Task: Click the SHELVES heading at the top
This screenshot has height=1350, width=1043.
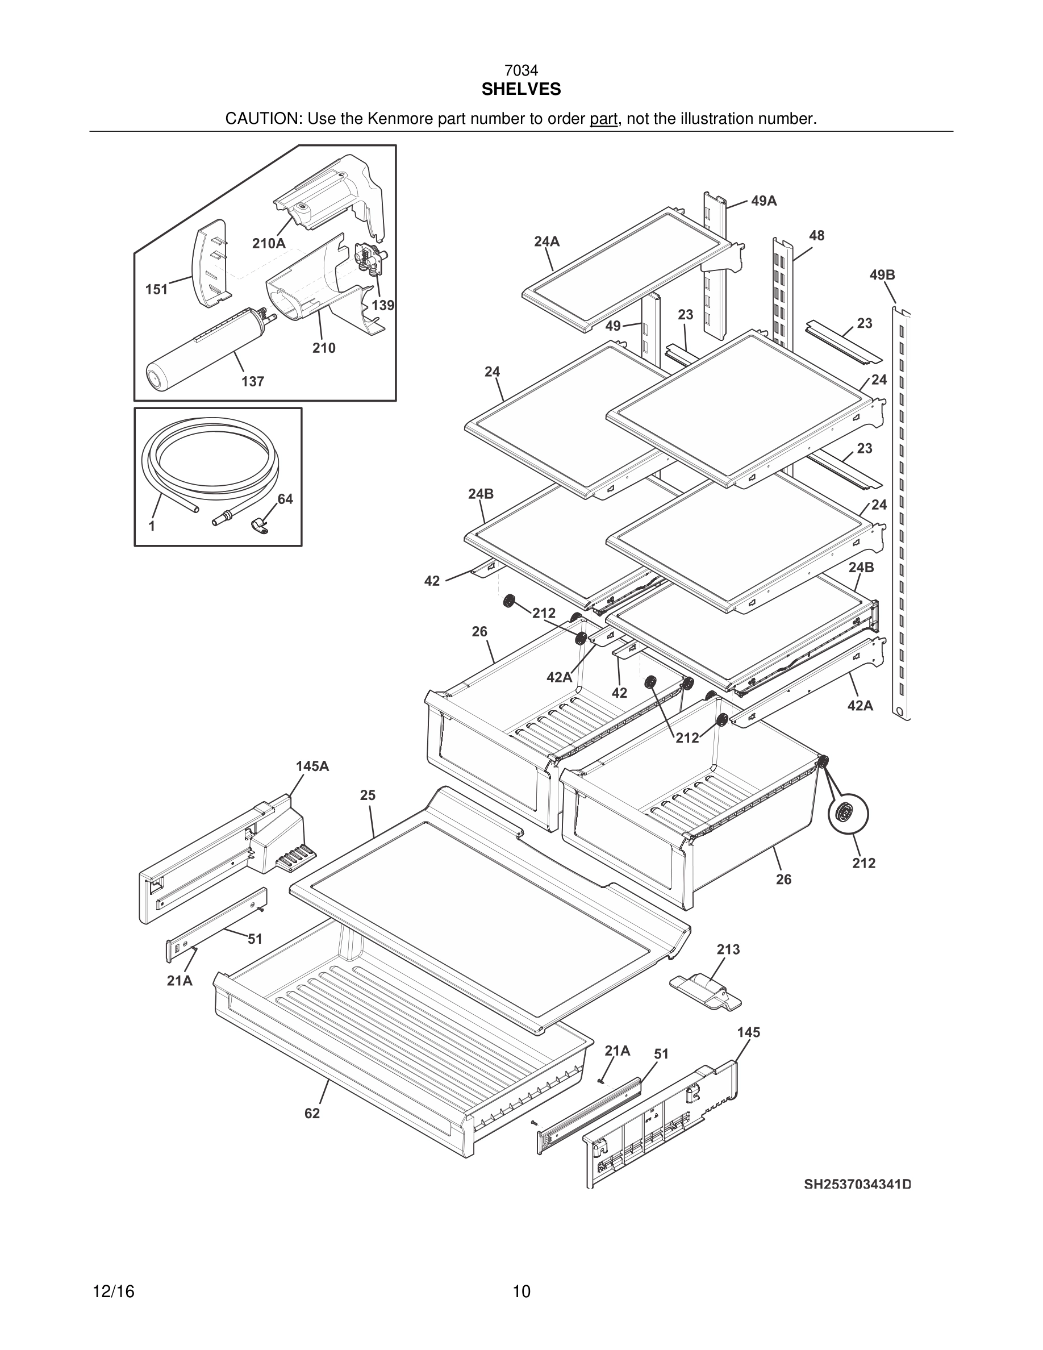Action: point(521,90)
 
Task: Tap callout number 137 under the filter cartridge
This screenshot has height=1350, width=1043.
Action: point(253,381)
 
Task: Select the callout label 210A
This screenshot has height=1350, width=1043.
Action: point(269,244)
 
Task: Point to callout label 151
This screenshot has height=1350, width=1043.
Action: point(156,289)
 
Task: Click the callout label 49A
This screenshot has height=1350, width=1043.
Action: point(764,201)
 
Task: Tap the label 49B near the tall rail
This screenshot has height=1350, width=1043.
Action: point(882,275)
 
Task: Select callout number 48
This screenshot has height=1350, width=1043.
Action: point(816,235)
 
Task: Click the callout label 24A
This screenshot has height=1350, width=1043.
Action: point(547,241)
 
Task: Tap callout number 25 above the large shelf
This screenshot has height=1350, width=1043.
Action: point(368,795)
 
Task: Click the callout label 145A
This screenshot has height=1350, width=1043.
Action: point(312,766)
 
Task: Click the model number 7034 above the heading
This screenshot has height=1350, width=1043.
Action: point(521,71)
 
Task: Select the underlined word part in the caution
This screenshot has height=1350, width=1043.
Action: point(603,119)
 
